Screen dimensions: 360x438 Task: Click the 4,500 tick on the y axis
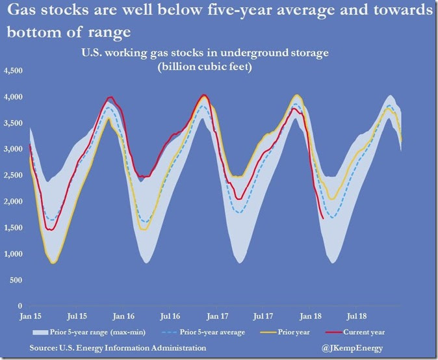pos(13,71)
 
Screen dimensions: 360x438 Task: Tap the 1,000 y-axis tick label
pos(13,253)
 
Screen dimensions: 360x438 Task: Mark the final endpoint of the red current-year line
pos(323,218)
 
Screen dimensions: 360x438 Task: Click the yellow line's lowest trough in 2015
pos(53,263)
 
